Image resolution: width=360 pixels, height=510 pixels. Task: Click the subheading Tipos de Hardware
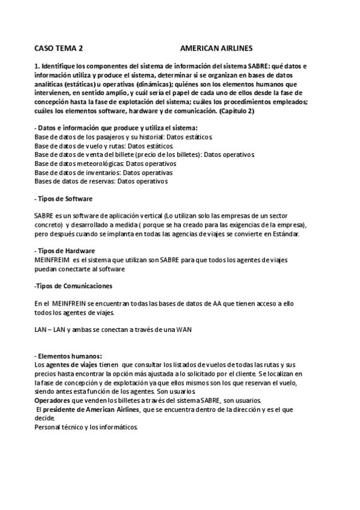[65, 250]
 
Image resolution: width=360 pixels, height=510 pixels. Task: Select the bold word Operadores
[55, 401]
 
